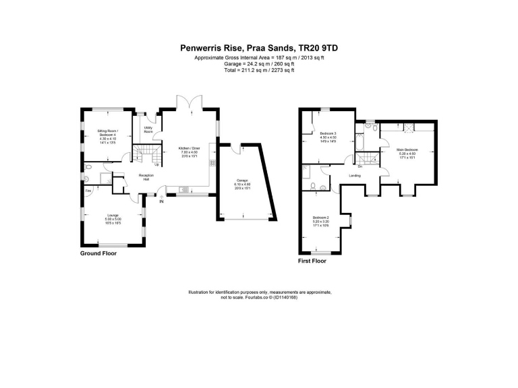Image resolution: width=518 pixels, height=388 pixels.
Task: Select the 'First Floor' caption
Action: coord(312,260)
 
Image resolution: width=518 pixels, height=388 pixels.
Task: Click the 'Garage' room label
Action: coord(243,181)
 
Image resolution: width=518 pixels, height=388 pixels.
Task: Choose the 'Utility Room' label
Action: coord(148,129)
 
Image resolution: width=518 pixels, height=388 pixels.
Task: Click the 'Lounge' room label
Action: coord(113,216)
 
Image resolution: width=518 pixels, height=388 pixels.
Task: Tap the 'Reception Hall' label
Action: coord(146,177)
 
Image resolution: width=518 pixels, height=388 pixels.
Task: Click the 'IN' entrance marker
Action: coord(161,201)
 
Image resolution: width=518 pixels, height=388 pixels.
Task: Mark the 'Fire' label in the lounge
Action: coord(88,191)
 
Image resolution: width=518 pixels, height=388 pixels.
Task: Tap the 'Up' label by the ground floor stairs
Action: coord(156,165)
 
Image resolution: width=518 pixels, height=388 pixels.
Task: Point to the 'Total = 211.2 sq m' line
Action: coord(259,69)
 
